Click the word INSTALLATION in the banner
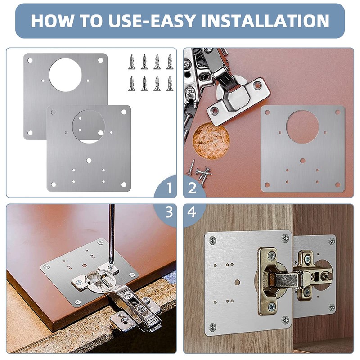(x=265, y=21)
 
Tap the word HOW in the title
(x=53, y=21)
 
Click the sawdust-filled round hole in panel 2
(x=211, y=141)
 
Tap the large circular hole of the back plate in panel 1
(x=65, y=75)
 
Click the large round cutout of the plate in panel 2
(x=302, y=127)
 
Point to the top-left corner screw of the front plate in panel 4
(x=212, y=241)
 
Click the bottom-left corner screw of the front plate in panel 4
(x=212, y=327)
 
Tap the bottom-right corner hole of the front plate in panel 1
(x=124, y=184)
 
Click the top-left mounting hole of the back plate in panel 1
(x=30, y=60)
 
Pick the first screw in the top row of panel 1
(x=132, y=62)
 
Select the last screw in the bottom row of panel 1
(x=170, y=83)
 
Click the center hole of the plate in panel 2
(x=302, y=161)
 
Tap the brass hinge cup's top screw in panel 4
(x=272, y=255)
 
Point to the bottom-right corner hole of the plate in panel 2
(x=337, y=184)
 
